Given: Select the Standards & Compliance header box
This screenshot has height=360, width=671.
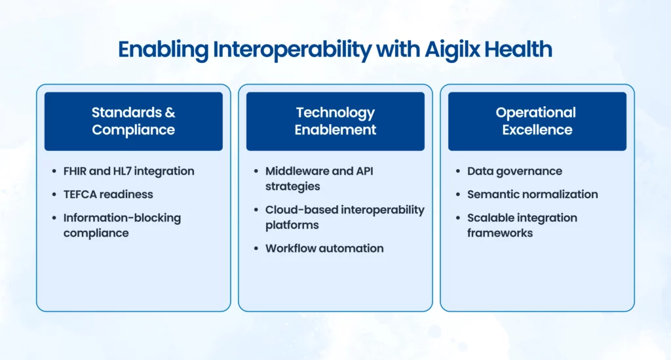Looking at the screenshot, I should (x=134, y=121).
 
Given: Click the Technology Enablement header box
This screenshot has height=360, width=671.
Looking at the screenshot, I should (x=335, y=121).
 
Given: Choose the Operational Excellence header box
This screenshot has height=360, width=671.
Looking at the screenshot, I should (x=537, y=121).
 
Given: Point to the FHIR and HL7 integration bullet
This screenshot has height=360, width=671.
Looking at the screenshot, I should (x=128, y=171).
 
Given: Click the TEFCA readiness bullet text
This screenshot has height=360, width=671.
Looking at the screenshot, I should (x=108, y=194).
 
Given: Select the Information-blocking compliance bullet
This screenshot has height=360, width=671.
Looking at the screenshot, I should (x=122, y=225).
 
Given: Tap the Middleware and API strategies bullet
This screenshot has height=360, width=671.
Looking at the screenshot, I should (x=319, y=178).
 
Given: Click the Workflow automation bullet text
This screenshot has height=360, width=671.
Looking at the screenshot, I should (x=324, y=249).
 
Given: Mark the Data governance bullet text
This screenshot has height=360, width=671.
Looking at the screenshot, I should (x=514, y=171).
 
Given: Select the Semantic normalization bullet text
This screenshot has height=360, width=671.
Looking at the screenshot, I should (x=532, y=194).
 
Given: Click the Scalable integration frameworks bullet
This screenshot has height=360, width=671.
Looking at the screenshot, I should (x=522, y=225).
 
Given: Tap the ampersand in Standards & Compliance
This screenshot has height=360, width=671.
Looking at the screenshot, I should (x=170, y=113).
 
